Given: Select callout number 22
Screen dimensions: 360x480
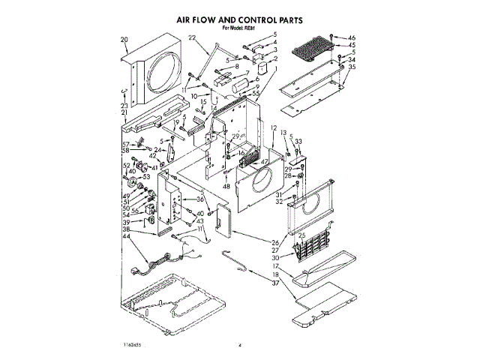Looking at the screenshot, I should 192,38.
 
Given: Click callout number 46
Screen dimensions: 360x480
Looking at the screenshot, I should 352,37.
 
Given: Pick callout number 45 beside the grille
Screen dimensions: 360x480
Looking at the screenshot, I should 352,45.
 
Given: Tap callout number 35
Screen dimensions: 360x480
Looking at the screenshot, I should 352,67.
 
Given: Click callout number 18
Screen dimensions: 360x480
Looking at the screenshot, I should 276,274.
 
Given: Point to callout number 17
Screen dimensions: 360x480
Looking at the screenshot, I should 276,265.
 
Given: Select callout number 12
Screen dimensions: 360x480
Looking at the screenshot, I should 274,128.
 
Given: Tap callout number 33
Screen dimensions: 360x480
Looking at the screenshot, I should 298,141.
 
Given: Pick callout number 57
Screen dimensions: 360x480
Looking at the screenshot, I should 126,144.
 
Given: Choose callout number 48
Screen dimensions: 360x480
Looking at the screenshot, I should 226,187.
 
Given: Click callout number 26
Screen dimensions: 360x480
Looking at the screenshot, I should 275,241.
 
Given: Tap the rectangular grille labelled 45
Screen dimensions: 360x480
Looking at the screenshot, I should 310,49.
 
